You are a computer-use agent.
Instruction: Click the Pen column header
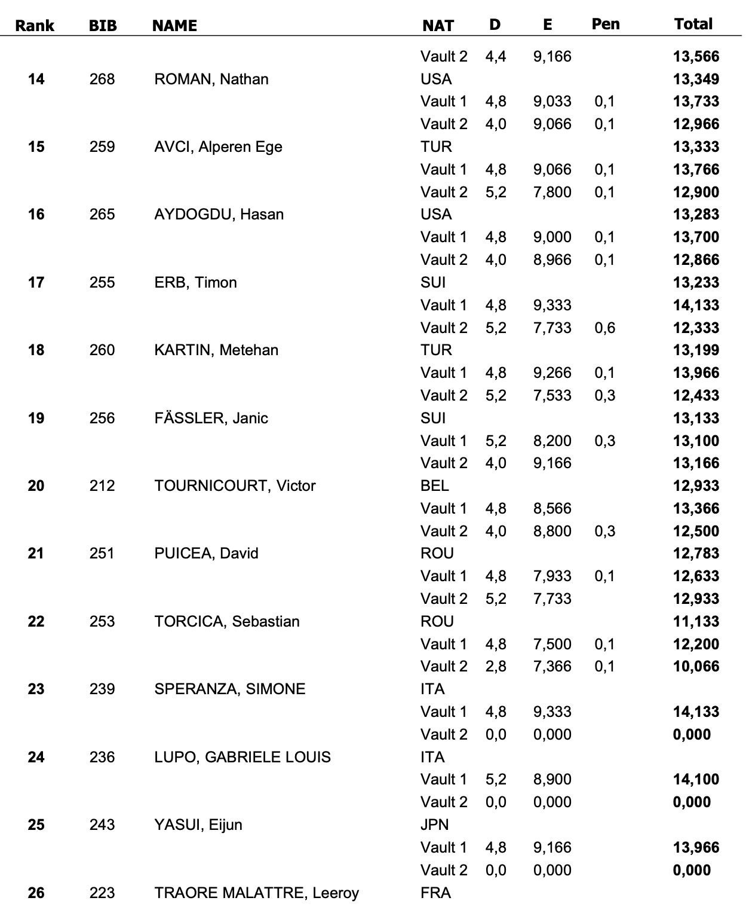coord(605,25)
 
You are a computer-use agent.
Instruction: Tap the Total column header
coord(693,25)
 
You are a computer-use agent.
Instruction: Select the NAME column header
coord(174,26)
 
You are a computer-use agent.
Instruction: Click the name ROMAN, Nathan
coord(211,79)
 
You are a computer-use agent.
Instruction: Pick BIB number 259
coord(102,146)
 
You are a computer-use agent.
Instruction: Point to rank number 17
coord(36,282)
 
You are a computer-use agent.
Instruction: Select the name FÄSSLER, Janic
coord(211,418)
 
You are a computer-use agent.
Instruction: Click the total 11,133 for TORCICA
coord(696,621)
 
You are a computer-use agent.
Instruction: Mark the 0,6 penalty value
coord(604,328)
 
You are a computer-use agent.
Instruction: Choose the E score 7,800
coord(552,192)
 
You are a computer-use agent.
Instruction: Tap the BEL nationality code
coord(434,486)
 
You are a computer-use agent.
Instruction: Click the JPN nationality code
coord(434,825)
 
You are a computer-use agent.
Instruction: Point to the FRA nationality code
coord(435,893)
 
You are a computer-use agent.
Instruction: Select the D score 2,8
coord(496,666)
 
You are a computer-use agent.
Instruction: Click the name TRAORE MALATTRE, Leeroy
coord(256,893)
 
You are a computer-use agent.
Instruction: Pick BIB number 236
coord(102,757)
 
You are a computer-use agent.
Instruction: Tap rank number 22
coord(36,621)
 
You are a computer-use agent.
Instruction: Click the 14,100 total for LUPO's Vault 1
coord(696,779)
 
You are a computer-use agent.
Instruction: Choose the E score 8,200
coord(552,441)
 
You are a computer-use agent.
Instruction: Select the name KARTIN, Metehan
coord(216,350)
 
